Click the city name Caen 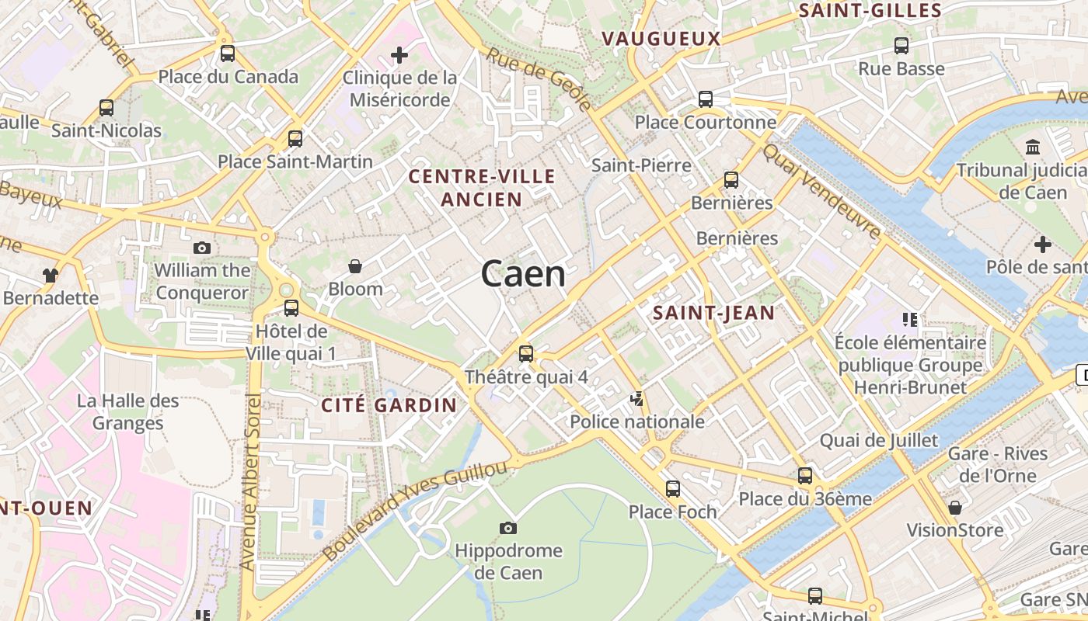coord(523,274)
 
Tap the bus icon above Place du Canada coord(228,54)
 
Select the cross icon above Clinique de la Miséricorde coord(399,55)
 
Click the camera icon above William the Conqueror coord(202,248)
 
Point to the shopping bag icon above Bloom coord(355,266)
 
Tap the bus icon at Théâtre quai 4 coord(526,354)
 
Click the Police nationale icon coord(637,399)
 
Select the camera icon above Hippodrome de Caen coord(508,529)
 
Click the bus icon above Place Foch coord(673,489)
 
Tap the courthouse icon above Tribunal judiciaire coord(1034,147)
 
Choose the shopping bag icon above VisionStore coord(955,508)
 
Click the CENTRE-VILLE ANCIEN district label coord(482,188)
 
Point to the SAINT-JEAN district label coord(713,313)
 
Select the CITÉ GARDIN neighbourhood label coord(389,405)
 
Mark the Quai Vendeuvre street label coord(822,190)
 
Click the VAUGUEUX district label coord(661,39)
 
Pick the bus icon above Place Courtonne coord(706,99)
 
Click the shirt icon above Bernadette coord(51,275)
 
